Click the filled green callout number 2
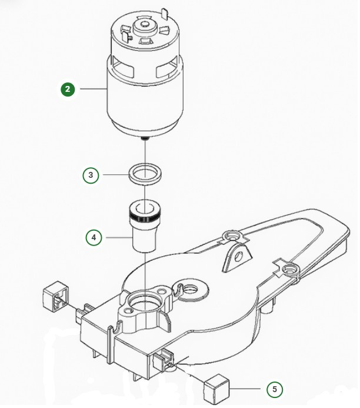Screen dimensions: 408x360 click(x=69, y=89)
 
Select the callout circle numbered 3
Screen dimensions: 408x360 click(x=90, y=175)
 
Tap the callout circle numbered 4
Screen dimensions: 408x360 click(x=94, y=238)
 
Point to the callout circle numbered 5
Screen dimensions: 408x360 click(x=274, y=389)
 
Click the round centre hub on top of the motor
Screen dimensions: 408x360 click(x=143, y=26)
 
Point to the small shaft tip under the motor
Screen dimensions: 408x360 click(x=144, y=138)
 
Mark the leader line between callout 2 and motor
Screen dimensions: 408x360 click(x=92, y=89)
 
